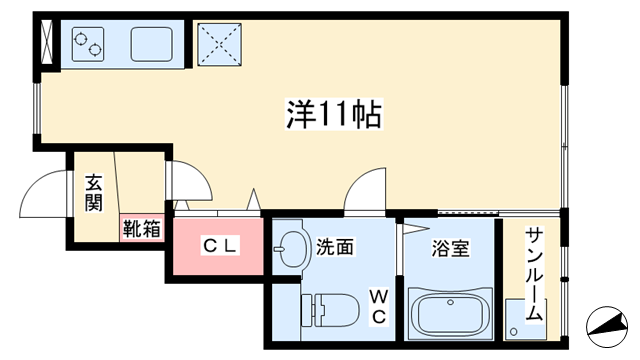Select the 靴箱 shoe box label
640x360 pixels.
pyautogui.click(x=141, y=228)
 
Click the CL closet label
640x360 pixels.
pyautogui.click(x=220, y=244)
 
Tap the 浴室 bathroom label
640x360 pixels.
pyautogui.click(x=451, y=247)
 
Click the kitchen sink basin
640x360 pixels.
pyautogui.click(x=150, y=45)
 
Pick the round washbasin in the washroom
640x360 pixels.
pyautogui.click(x=292, y=249)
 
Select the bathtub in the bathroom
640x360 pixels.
pyautogui.click(x=450, y=314)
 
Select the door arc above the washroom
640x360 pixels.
pyautogui.click(x=365, y=189)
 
